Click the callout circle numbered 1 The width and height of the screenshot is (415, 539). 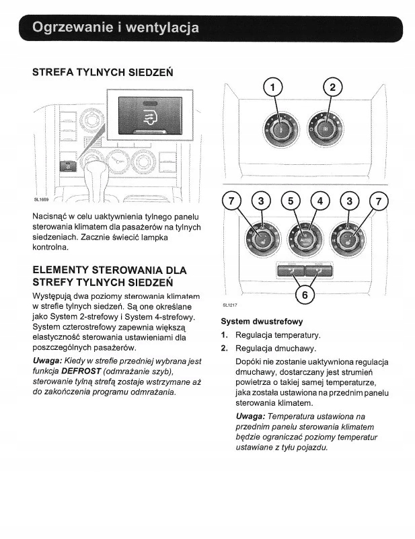coord(273,87)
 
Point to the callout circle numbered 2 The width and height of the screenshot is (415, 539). coord(332,87)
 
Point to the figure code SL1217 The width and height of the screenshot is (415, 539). coord(230,305)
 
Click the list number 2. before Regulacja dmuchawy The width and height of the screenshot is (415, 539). coord(225,349)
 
